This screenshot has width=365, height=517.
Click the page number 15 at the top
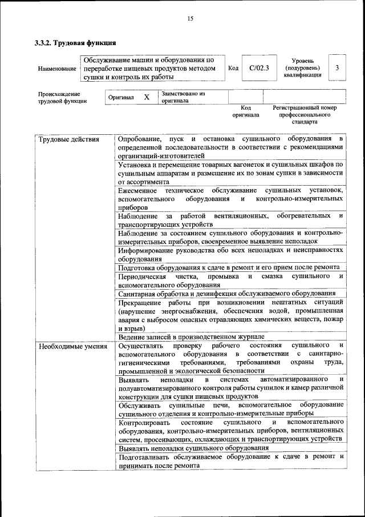coord(190,19)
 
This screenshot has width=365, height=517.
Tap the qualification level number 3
coord(338,68)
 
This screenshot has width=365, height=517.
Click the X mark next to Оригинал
coord(147,97)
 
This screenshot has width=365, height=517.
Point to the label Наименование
coord(57,69)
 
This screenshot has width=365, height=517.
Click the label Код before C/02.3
coord(233,69)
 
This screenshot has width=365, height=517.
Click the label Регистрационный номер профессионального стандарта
coord(305,114)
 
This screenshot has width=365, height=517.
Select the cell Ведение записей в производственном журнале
coord(191,337)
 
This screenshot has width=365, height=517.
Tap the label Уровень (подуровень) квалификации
coord(306,68)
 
